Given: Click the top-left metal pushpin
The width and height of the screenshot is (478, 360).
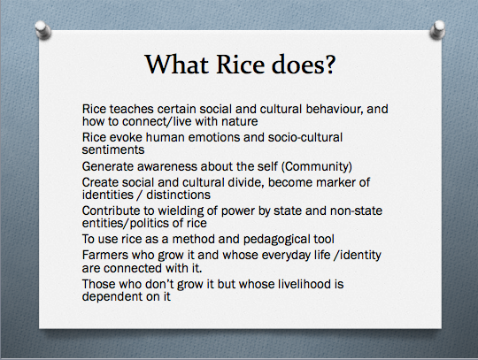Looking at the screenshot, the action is click(x=43, y=29).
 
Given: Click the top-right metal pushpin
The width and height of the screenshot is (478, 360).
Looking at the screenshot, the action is click(x=437, y=29).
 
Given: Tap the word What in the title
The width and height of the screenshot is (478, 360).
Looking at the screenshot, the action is click(x=176, y=65).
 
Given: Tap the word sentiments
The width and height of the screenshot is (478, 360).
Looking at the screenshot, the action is click(x=113, y=149).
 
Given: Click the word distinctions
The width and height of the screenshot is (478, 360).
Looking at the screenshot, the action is click(x=178, y=195).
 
